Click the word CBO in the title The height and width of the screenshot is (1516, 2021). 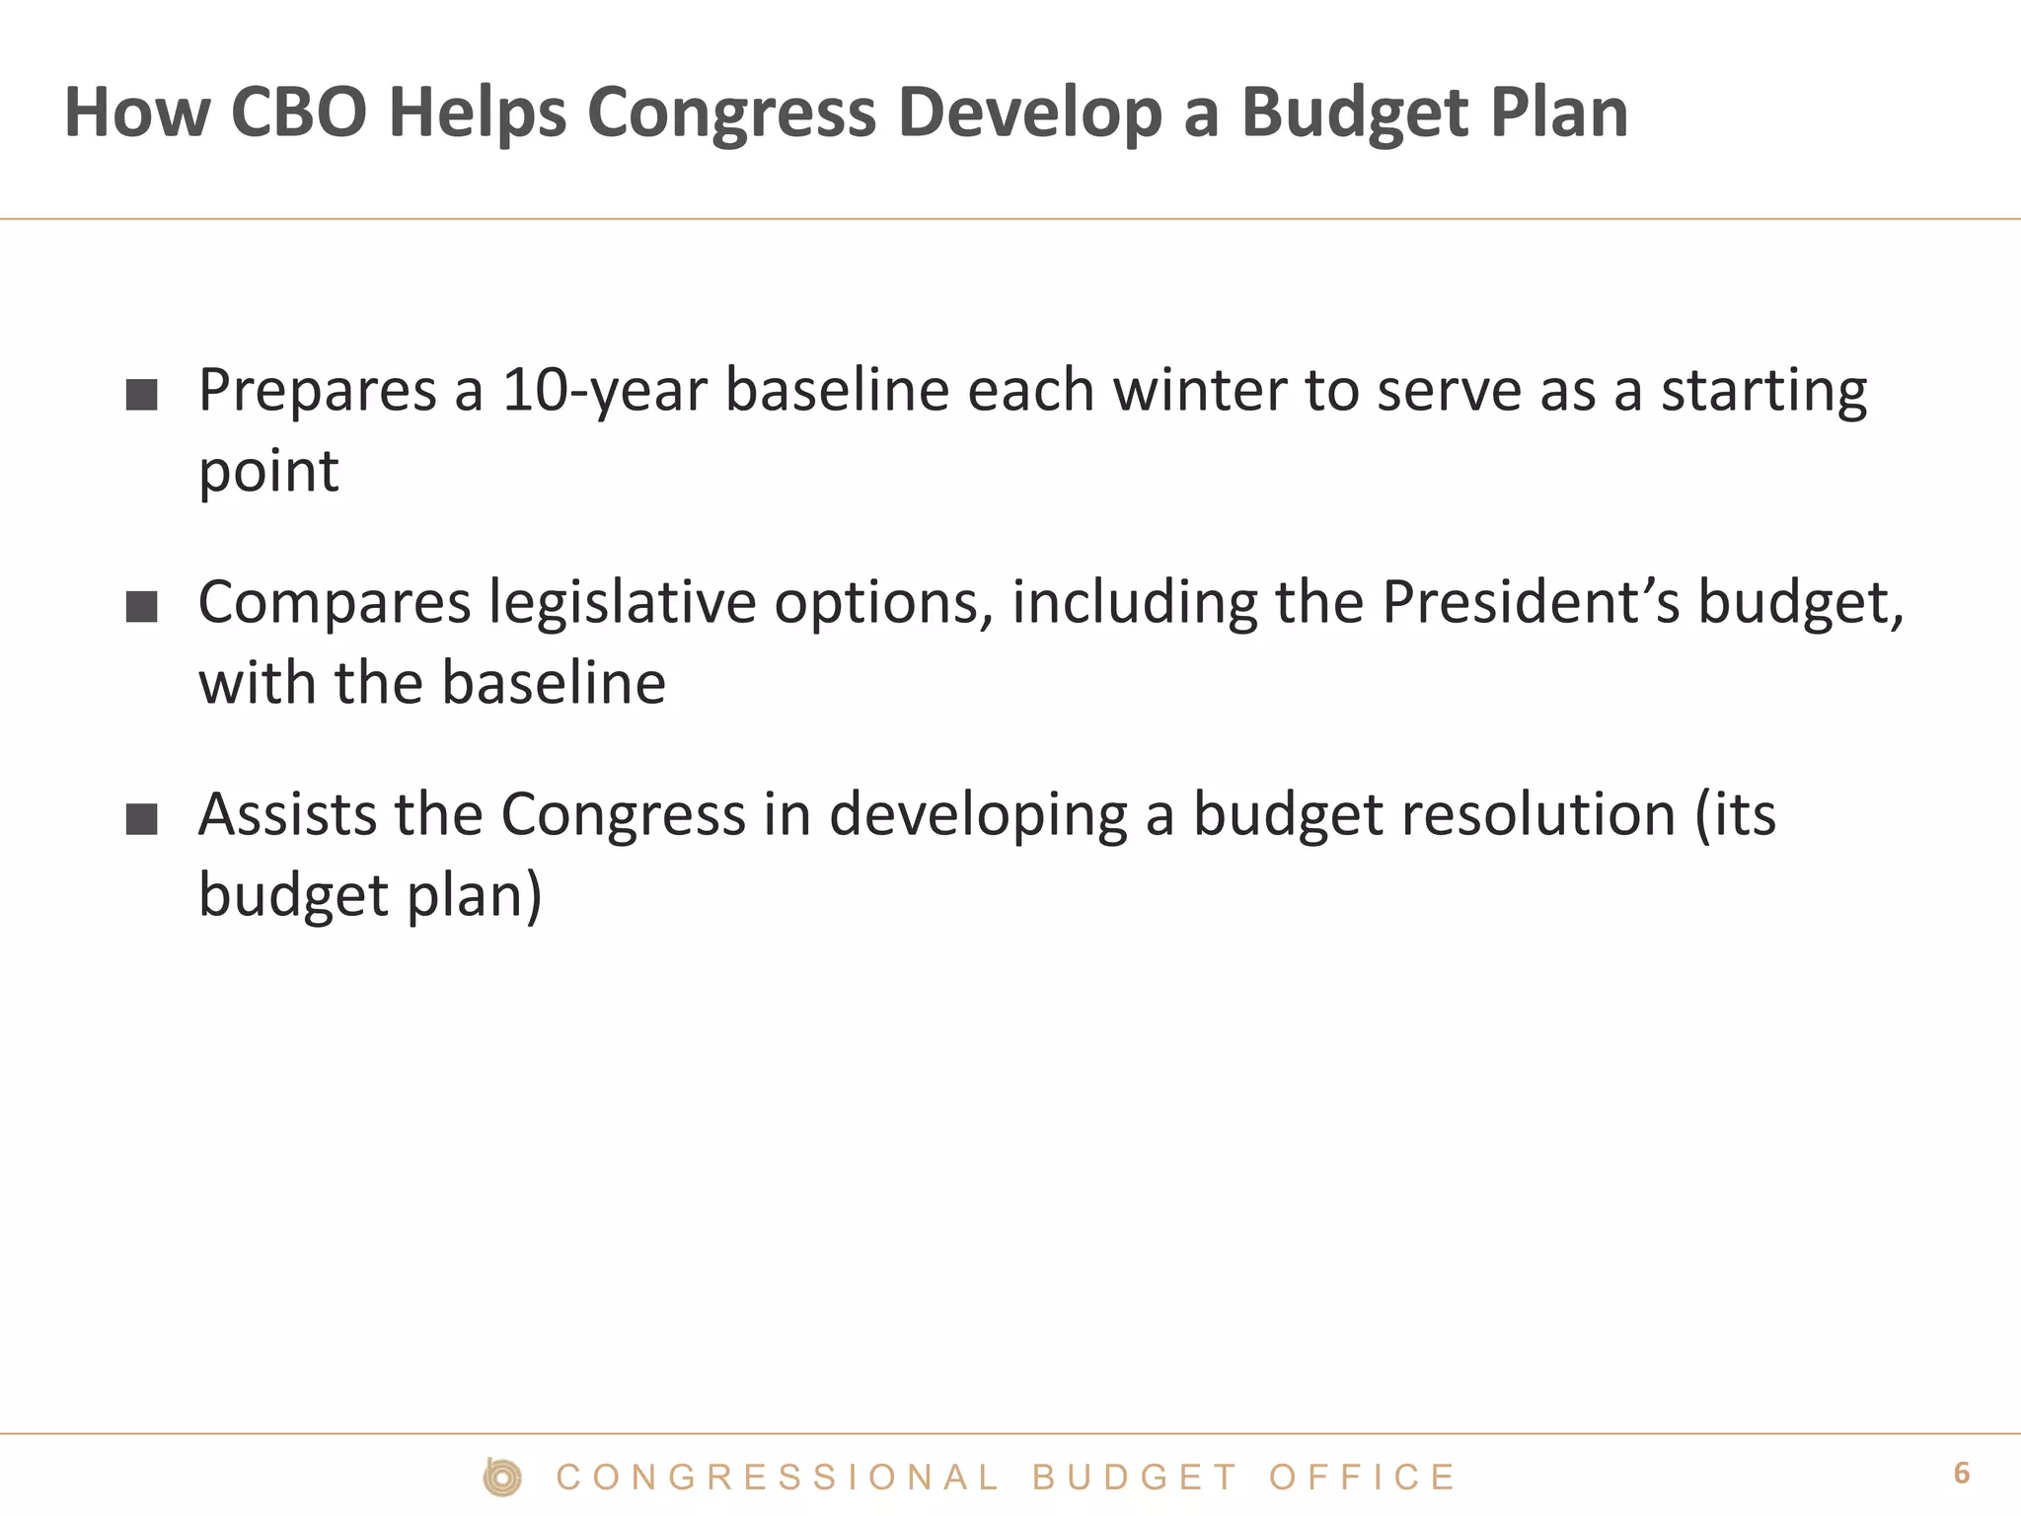coord(298,112)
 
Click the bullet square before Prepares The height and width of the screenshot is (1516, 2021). coord(142,395)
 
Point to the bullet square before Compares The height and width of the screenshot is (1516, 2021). coord(142,607)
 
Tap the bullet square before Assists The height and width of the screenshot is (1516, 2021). coord(142,819)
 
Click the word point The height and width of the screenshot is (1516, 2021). coord(268,471)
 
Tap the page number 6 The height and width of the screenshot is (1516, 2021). coord(1961,1474)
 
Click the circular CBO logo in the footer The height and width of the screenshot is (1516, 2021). coord(502,1478)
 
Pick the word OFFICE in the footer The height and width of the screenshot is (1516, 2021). coord(1361,1478)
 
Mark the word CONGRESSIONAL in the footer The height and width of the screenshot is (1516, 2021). coord(778,1478)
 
